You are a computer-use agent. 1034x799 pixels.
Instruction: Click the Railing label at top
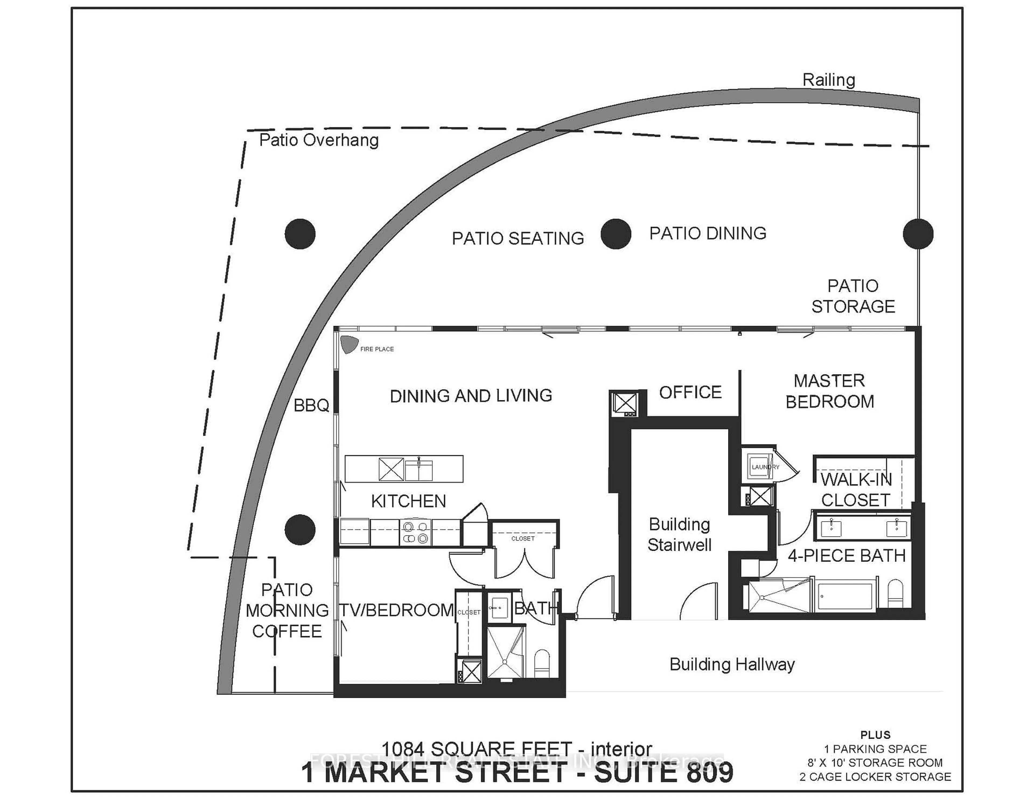tap(829, 80)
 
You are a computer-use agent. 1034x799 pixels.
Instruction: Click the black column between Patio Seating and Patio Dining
tap(616, 234)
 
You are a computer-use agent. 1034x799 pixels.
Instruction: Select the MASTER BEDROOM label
tap(829, 391)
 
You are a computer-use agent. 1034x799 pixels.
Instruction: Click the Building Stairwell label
tap(679, 534)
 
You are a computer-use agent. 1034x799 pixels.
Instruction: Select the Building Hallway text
tap(731, 665)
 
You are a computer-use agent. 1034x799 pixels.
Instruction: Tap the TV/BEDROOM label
tap(397, 610)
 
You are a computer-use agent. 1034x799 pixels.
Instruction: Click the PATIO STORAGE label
tap(853, 296)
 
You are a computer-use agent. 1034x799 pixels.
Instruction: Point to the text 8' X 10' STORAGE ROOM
tap(875, 763)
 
